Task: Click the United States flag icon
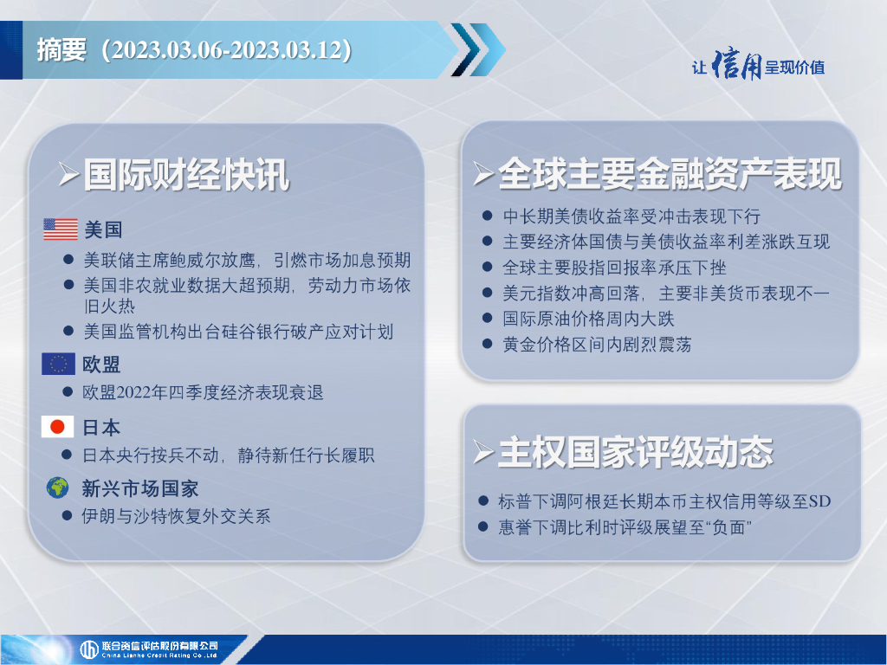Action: click(61, 229)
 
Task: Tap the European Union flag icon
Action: click(58, 365)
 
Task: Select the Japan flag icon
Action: click(58, 427)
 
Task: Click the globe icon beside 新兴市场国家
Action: click(58, 487)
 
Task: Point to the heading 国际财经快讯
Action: click(187, 175)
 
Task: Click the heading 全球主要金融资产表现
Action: click(670, 173)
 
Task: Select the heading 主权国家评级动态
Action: click(635, 452)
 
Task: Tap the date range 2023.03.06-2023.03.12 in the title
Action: click(228, 49)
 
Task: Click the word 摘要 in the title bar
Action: click(62, 49)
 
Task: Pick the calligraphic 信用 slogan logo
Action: click(736, 65)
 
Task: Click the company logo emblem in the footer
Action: click(89, 649)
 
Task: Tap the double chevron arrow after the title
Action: click(478, 49)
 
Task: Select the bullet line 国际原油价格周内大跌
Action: click(588, 319)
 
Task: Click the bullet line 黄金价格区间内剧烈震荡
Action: click(597, 345)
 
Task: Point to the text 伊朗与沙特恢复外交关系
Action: click(176, 516)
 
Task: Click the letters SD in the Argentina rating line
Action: click(819, 501)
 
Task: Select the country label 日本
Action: click(101, 428)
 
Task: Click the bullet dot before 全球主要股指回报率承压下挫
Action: click(487, 267)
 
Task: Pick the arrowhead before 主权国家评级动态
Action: click(483, 452)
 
